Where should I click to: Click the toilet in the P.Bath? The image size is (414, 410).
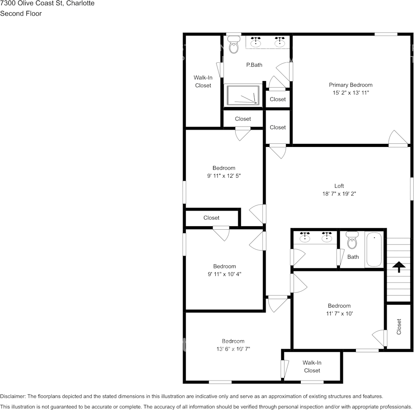point(234,45)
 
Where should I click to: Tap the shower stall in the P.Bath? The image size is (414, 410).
point(243,94)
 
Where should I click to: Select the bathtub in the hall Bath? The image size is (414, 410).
point(374,250)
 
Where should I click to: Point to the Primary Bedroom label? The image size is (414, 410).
point(350,85)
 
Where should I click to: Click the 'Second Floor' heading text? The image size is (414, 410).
point(21,13)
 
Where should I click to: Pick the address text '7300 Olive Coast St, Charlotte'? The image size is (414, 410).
point(47,3)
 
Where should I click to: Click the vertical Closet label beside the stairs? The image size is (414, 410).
point(399,327)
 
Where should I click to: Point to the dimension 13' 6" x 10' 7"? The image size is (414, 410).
point(233,349)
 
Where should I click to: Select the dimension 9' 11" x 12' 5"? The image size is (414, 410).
point(223,176)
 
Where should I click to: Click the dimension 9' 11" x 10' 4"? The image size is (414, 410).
point(224,274)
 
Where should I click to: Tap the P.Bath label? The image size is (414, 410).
point(254,65)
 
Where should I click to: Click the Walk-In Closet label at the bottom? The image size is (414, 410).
point(312,367)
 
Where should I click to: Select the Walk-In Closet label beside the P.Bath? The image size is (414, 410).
point(203,81)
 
